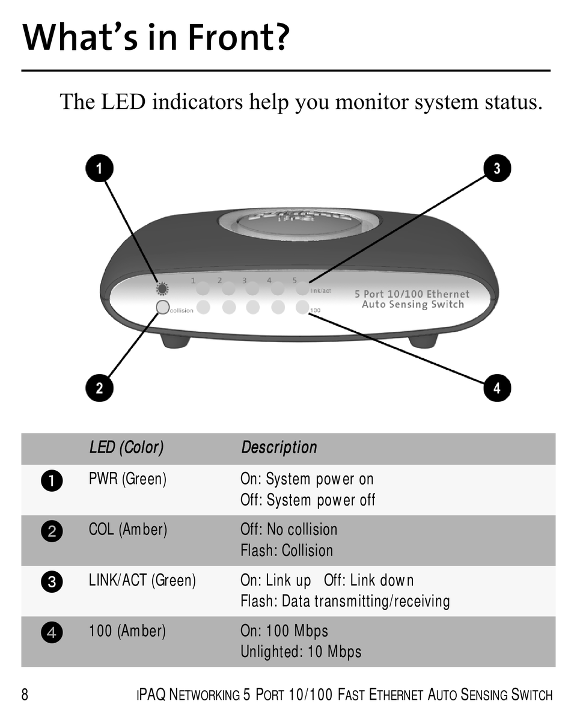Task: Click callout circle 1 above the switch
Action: (99, 169)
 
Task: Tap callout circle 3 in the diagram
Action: (497, 168)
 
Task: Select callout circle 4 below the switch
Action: (497, 388)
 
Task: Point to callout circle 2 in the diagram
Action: (99, 388)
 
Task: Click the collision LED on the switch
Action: (163, 307)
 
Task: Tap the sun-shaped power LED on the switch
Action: (162, 288)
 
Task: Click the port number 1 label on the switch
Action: (194, 280)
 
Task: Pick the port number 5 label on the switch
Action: (295, 280)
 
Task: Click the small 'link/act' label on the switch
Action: (320, 291)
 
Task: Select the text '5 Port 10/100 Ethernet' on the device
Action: (412, 294)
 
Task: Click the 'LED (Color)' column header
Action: (126, 447)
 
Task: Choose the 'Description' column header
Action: (279, 447)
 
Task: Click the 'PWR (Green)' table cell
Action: (127, 479)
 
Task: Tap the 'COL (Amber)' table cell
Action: (127, 530)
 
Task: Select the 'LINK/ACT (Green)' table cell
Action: (142, 581)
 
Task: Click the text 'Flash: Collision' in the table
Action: (287, 551)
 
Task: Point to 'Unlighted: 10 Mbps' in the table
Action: (301, 652)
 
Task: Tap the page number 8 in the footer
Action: (25, 696)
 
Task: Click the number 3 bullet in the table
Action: (52, 582)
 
